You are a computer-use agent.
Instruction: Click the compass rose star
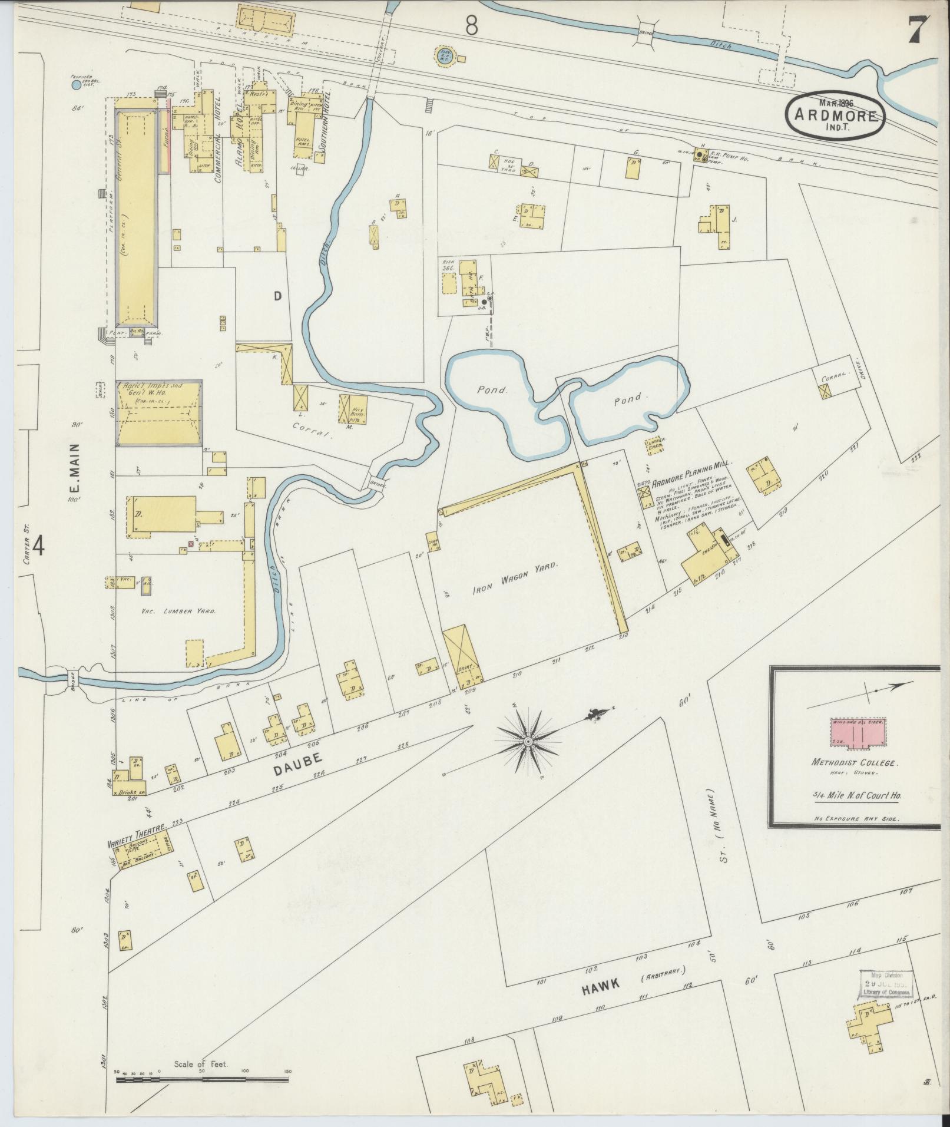point(528,741)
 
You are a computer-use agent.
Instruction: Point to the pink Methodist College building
point(856,735)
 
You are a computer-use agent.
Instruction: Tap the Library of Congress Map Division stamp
point(886,983)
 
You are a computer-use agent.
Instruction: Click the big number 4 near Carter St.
point(38,546)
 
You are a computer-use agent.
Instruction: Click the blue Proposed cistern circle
point(76,85)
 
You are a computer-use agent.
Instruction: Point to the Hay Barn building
point(353,408)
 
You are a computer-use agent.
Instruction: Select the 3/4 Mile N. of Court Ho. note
point(856,796)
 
